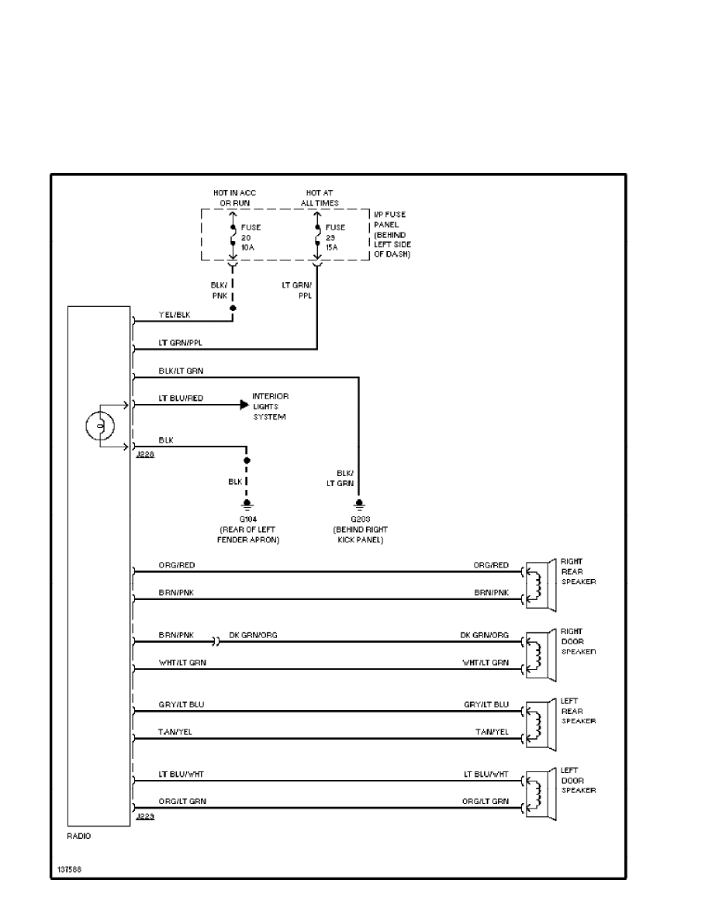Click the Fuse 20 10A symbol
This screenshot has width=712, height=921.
(x=233, y=235)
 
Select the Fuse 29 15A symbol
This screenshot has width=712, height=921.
(x=316, y=235)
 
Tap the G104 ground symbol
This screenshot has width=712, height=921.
(x=247, y=504)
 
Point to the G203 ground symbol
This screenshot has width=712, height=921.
(x=358, y=504)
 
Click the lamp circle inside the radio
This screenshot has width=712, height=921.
(x=99, y=426)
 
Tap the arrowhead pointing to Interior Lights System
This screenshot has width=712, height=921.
(x=244, y=404)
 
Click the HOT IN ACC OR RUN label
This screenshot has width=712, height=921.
(x=234, y=198)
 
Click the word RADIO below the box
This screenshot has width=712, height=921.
(x=79, y=836)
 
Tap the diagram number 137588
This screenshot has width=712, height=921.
(x=68, y=869)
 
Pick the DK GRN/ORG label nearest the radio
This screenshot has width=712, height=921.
(x=253, y=635)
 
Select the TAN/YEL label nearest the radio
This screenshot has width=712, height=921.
(x=171, y=732)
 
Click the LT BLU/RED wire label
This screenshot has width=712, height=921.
(x=181, y=398)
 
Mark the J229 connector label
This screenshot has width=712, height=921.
(x=144, y=817)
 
